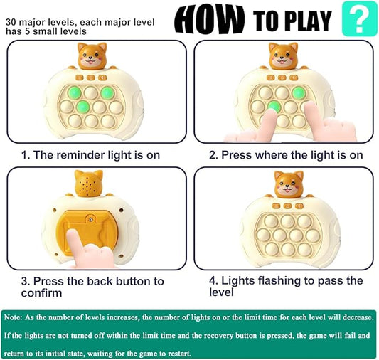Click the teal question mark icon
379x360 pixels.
(359, 19)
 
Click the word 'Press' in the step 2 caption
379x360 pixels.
(237, 154)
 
